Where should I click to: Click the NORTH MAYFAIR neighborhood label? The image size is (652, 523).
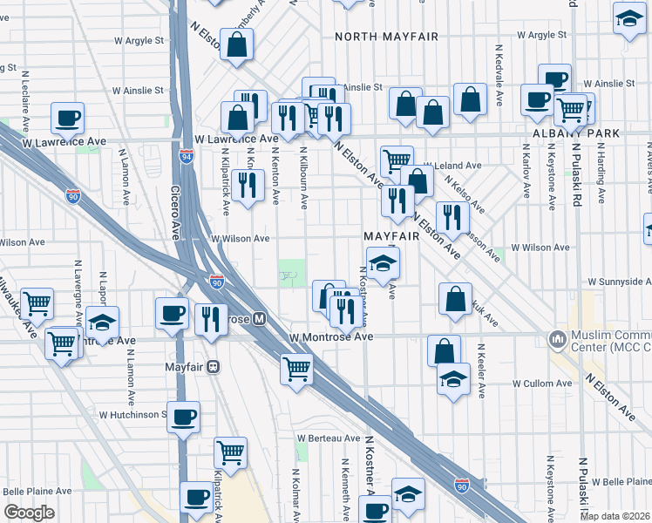click(x=386, y=37)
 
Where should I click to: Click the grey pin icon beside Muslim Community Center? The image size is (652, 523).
click(x=556, y=337)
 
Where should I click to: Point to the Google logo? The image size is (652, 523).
click(x=29, y=513)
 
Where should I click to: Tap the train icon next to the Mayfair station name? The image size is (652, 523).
click(x=213, y=367)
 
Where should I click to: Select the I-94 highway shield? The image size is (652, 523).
click(x=187, y=157)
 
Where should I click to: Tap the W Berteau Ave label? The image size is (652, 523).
click(x=328, y=438)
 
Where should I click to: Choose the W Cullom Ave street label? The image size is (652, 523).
click(x=540, y=384)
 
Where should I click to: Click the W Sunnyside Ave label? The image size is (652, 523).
click(x=619, y=282)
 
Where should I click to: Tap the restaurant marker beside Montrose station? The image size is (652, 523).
click(x=210, y=319)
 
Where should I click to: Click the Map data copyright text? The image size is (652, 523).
click(x=615, y=515)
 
